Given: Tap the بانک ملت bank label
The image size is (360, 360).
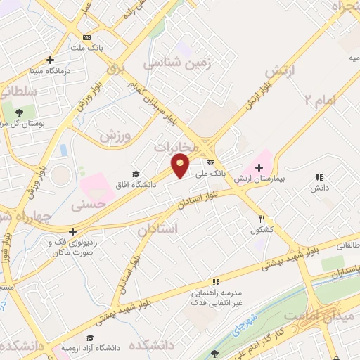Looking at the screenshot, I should pyautogui.click(x=86, y=48).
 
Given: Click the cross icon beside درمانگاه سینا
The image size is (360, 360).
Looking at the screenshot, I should pyautogui.click(x=49, y=60).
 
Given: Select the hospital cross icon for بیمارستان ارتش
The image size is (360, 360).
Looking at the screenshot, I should pyautogui.click(x=259, y=167).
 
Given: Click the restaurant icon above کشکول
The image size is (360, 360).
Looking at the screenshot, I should pyautogui.click(x=262, y=219).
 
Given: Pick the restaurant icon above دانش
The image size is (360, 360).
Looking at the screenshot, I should pyautogui.click(x=319, y=178).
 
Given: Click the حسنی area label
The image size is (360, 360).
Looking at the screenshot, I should pyautogui.click(x=89, y=205).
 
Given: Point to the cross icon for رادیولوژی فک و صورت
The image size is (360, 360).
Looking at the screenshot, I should pyautogui.click(x=72, y=231).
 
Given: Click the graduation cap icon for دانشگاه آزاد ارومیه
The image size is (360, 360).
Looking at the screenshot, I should pyautogui.click(x=89, y=338).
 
